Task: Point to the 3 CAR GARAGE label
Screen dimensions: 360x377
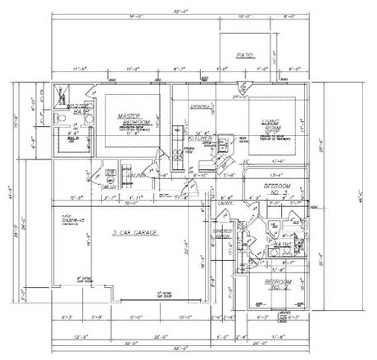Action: [x=133, y=236]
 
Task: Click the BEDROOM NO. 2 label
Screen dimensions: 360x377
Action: [x=280, y=189]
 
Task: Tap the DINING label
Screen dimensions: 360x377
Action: [x=200, y=105]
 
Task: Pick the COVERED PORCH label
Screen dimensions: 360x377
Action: [x=221, y=233]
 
